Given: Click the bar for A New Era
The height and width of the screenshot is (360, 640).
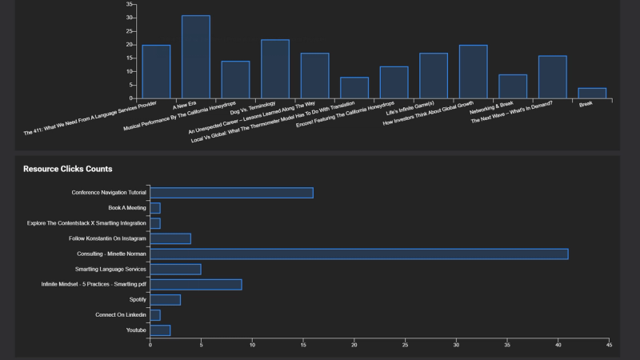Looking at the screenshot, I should pyautogui.click(x=196, y=58).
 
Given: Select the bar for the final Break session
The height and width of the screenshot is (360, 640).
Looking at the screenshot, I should pyautogui.click(x=592, y=94).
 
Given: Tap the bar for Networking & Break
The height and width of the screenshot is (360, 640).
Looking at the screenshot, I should pyautogui.click(x=513, y=86).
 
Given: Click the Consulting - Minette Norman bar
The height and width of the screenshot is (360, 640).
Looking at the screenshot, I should pyautogui.click(x=359, y=254).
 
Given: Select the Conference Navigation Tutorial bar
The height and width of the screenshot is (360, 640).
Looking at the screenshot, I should pyautogui.click(x=231, y=193).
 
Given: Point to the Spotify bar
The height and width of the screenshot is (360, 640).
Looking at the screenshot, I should pyautogui.click(x=166, y=300).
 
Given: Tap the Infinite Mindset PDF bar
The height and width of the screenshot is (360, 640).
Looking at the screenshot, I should pyautogui.click(x=196, y=285).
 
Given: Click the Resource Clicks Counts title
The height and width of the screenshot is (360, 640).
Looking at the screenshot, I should pyautogui.click(x=68, y=169).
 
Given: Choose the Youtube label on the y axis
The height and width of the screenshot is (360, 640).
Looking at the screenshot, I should pyautogui.click(x=136, y=330).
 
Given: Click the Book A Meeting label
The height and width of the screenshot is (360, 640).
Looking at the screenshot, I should pyautogui.click(x=127, y=208).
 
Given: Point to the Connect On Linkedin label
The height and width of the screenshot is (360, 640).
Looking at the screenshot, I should pyautogui.click(x=121, y=315).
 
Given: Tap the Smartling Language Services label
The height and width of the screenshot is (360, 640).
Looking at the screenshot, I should pyautogui.click(x=110, y=270).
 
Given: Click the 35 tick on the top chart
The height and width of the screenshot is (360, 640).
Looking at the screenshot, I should pyautogui.click(x=130, y=4).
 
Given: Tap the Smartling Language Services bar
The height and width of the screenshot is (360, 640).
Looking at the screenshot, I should pyautogui.click(x=175, y=270).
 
